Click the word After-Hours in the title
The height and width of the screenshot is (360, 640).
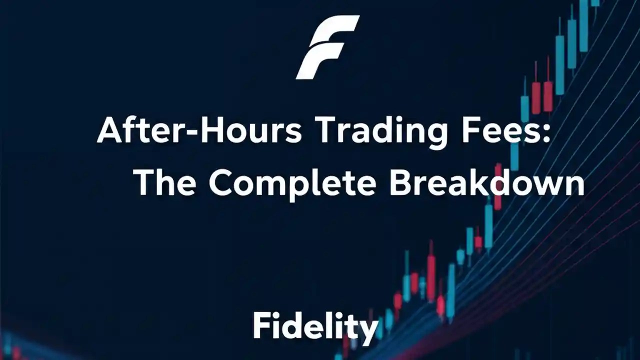[199, 131]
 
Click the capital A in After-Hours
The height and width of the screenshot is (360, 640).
[110, 131]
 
